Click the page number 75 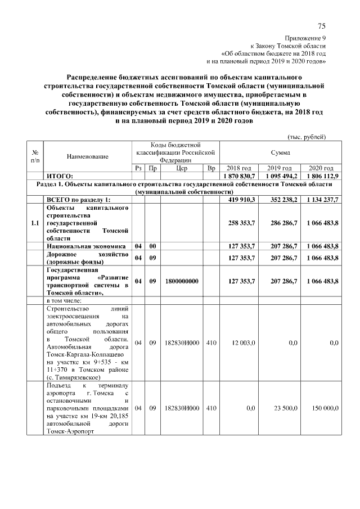tap(321, 26)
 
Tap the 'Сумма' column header tap(279, 152)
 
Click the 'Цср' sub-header tap(182, 168)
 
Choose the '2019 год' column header tap(279, 168)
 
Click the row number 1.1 tap(35, 223)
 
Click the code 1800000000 tap(182, 281)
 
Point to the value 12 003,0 tap(244, 343)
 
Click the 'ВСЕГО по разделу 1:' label tap(78, 200)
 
